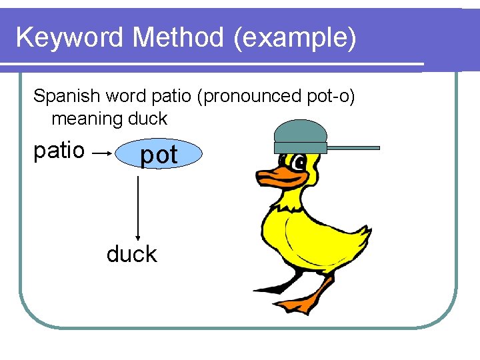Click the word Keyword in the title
click(70, 38)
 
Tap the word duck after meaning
click(149, 119)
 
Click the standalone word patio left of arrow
click(59, 151)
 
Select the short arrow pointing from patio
click(101, 153)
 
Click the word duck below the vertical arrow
click(131, 254)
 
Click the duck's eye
click(299, 163)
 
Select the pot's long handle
click(353, 147)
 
